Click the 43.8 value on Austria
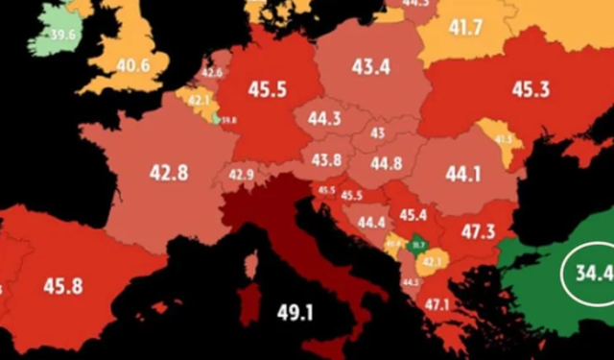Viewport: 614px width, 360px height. pyautogui.click(x=326, y=159)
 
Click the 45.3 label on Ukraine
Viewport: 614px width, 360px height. pyautogui.click(x=530, y=90)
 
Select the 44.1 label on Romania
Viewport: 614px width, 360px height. pyautogui.click(x=463, y=174)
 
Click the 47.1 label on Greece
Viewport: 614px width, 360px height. pyautogui.click(x=437, y=305)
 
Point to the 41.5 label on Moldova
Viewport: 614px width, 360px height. pyautogui.click(x=503, y=139)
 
